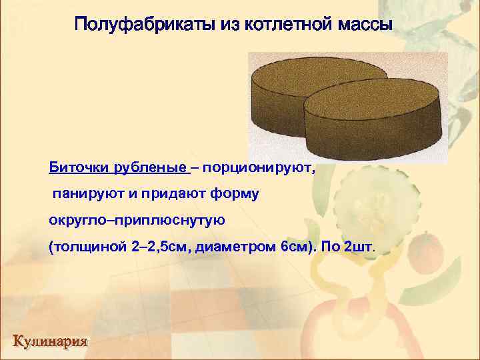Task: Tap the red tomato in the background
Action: (425, 250)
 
